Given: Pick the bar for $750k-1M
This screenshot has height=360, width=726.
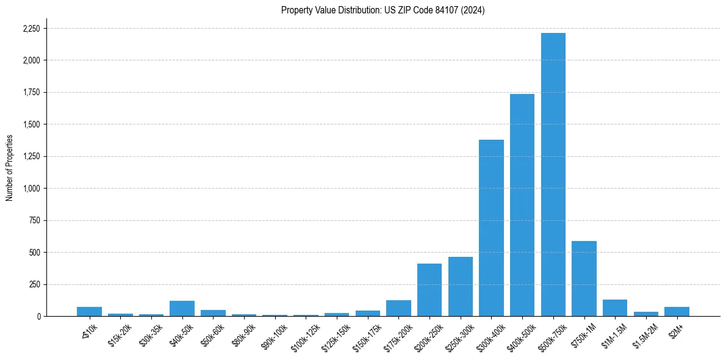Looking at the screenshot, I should [x=584, y=278].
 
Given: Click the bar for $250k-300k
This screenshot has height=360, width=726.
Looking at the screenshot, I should [x=461, y=286].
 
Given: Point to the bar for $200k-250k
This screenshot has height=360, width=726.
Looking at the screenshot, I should [x=429, y=290].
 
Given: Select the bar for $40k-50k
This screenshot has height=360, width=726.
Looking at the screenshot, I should [x=182, y=308].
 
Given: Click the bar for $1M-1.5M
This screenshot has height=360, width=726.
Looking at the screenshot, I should [x=615, y=308].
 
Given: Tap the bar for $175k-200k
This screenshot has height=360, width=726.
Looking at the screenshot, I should [x=398, y=308].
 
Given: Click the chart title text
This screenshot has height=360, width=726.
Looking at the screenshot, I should [x=383, y=10].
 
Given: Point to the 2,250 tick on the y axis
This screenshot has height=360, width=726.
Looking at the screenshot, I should [x=31, y=29].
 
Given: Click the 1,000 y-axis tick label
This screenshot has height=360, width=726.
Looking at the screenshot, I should [x=31, y=189].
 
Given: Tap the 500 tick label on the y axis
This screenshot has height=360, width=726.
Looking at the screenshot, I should [x=35, y=253].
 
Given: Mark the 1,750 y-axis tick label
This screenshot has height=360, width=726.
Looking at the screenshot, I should [x=31, y=93].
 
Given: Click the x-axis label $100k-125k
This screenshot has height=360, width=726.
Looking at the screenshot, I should [x=306, y=335].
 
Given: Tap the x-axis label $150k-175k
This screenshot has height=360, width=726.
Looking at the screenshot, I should [x=367, y=335].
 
